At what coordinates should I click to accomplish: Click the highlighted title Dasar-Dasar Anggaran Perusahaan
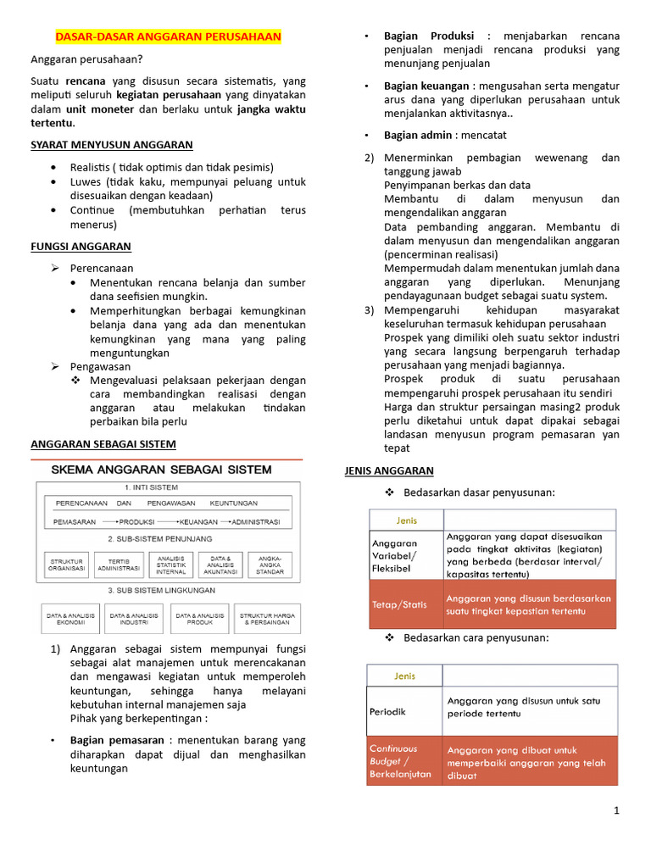(x=168, y=37)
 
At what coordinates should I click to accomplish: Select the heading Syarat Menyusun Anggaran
(x=112, y=145)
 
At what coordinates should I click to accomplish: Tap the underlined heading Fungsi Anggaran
(x=81, y=247)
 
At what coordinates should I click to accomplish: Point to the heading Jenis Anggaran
(x=388, y=470)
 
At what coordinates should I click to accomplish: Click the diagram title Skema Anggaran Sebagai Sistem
(x=162, y=469)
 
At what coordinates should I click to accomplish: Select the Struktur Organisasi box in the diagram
(x=66, y=565)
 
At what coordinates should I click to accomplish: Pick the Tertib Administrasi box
(x=119, y=565)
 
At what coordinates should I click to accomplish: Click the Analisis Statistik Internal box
(x=170, y=565)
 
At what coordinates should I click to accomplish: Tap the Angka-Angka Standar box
(x=270, y=565)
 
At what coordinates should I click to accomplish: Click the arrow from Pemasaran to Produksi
(x=108, y=522)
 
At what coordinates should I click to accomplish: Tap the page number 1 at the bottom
(x=616, y=810)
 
